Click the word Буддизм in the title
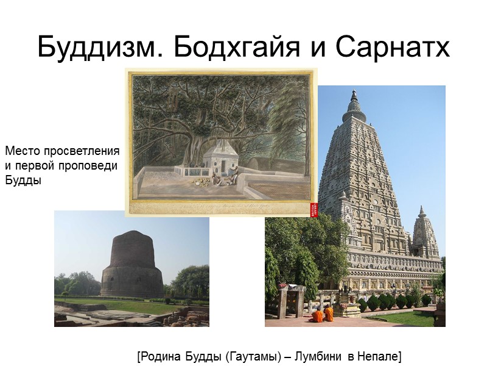click(101, 47)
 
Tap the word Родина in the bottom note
click(159, 355)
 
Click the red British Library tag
click(314, 209)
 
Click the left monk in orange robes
click(318, 315)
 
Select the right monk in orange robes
click(329, 314)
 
